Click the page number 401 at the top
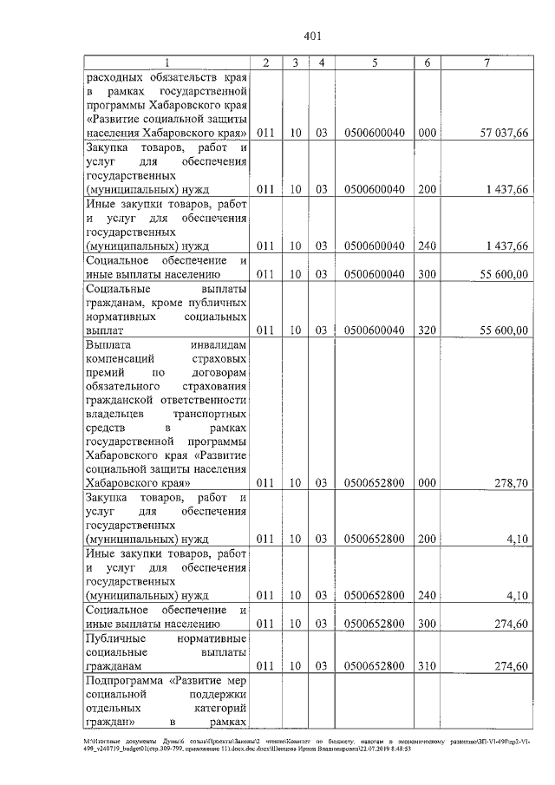click(x=313, y=36)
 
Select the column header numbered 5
click(x=375, y=62)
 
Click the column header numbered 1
click(x=168, y=62)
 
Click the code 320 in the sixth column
click(x=426, y=330)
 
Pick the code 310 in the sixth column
click(x=426, y=665)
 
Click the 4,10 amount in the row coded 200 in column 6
click(x=518, y=539)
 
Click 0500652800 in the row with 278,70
click(x=375, y=482)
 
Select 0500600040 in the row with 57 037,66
click(x=375, y=132)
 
